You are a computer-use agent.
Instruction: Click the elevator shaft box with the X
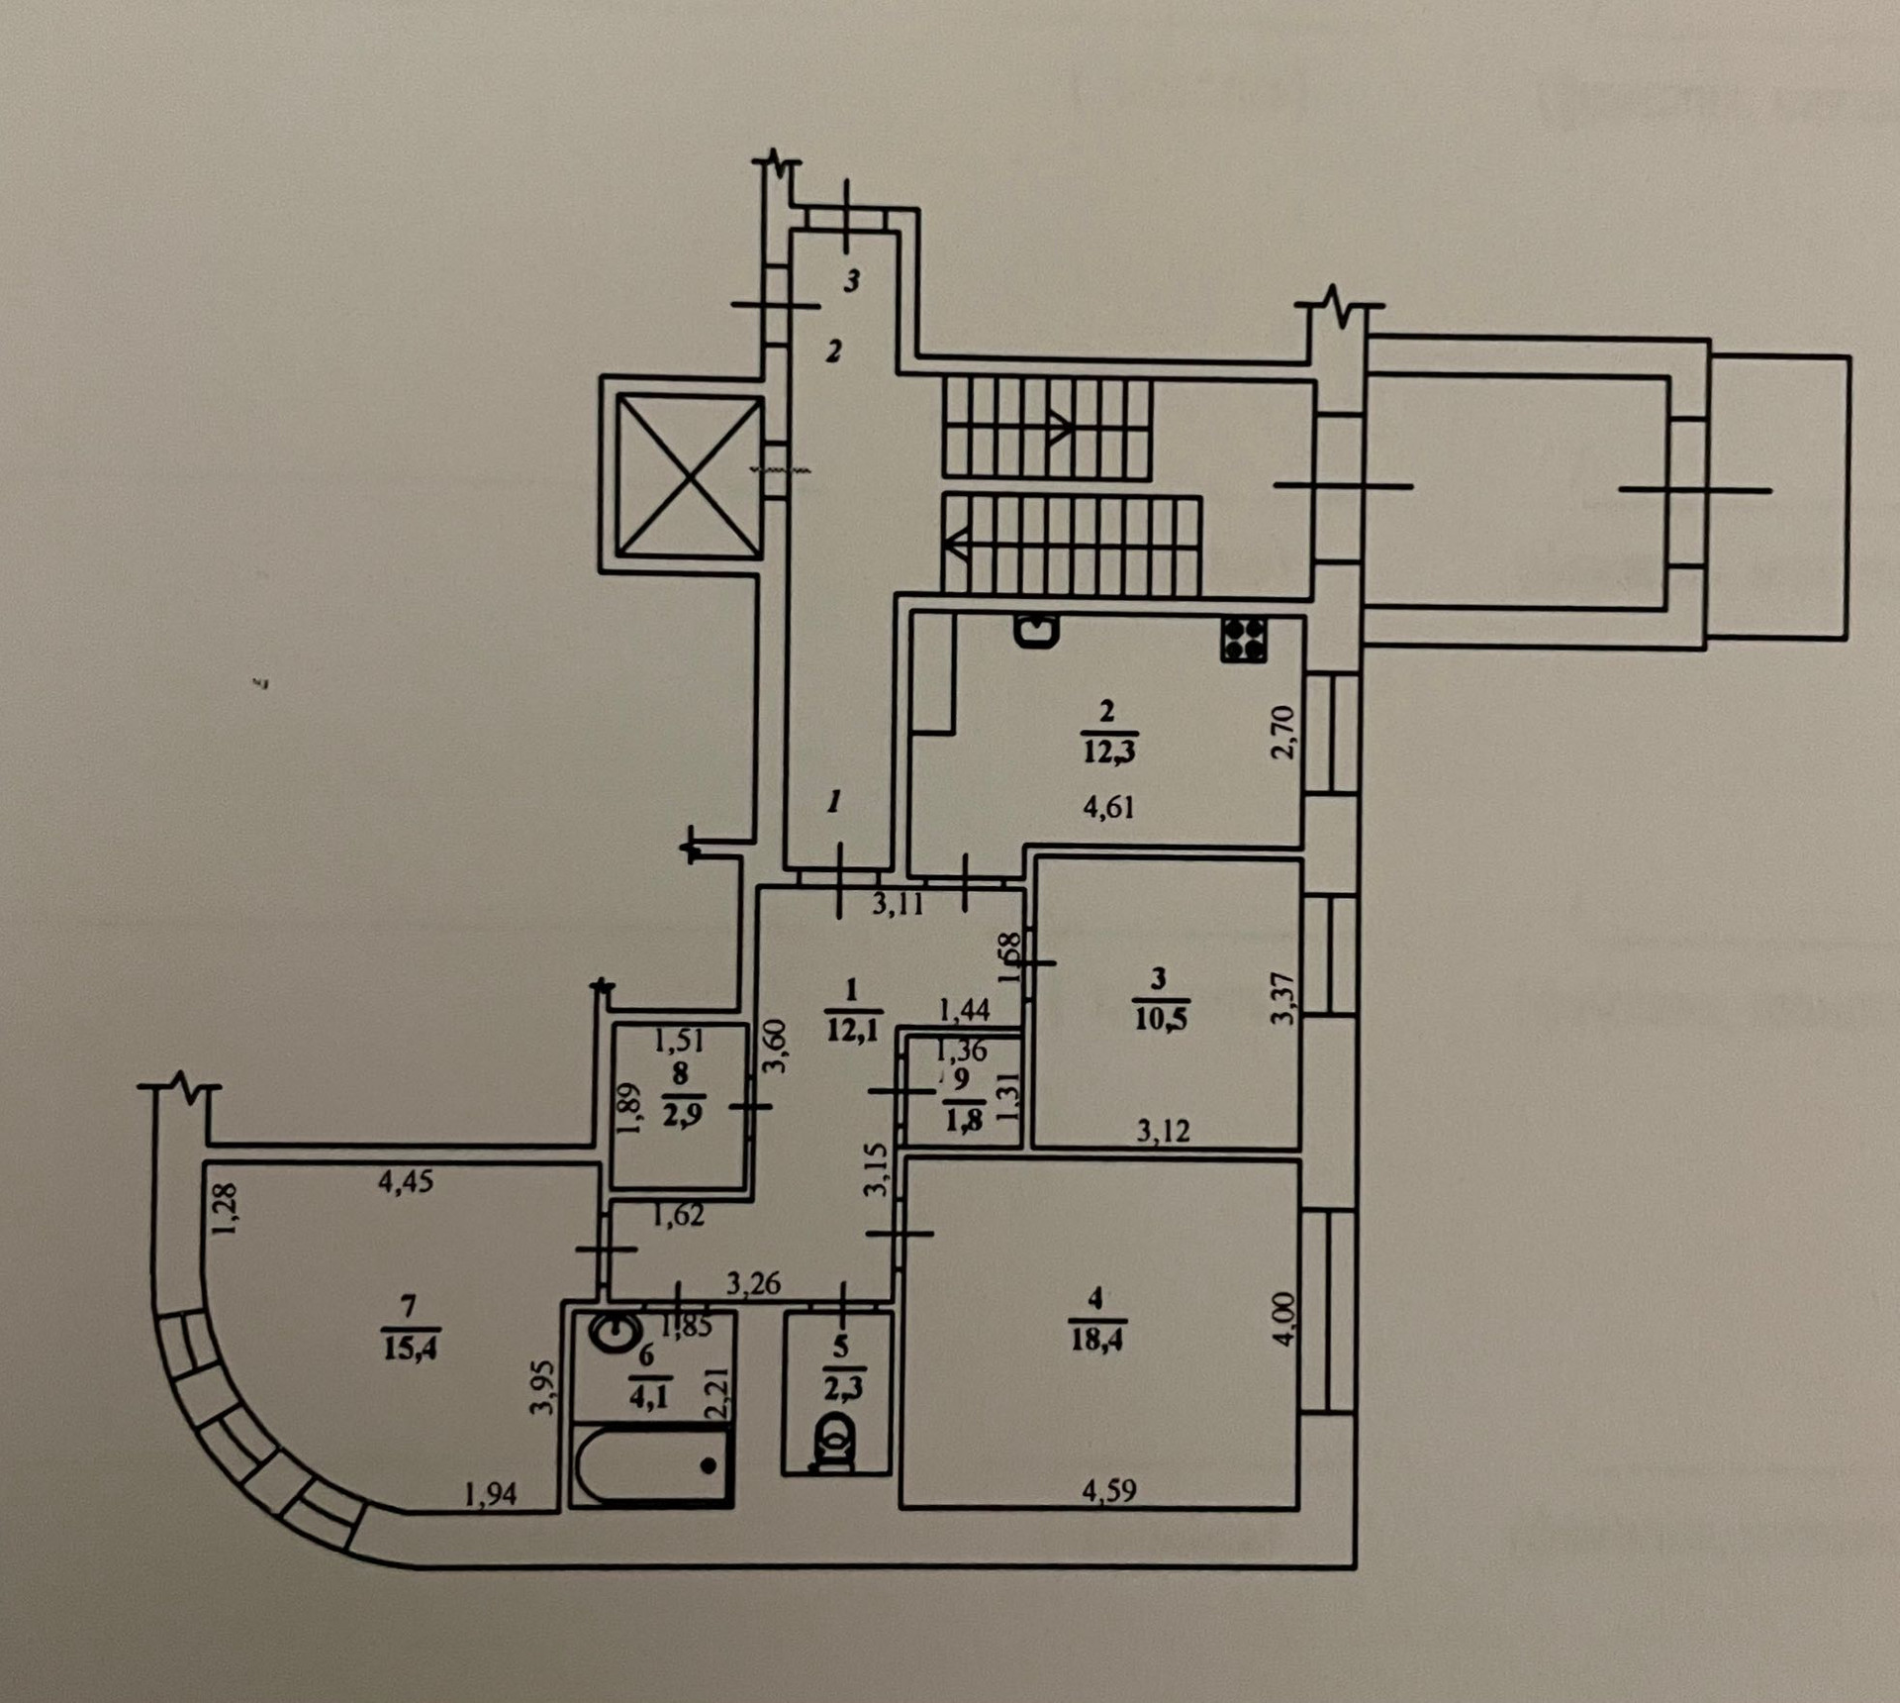(x=690, y=476)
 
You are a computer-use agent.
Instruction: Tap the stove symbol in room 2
(x=1244, y=640)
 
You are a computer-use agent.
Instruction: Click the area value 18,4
(x=1095, y=1341)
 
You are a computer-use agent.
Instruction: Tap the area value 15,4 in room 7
(x=410, y=1348)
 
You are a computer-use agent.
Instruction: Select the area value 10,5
(x=1161, y=1019)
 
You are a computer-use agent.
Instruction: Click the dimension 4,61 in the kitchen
(x=1108, y=807)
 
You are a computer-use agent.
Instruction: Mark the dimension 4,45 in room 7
(x=406, y=1181)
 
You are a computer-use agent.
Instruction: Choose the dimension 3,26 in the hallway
(x=753, y=1284)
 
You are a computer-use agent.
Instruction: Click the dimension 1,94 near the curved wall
(x=491, y=1493)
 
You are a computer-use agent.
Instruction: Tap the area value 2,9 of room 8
(x=682, y=1115)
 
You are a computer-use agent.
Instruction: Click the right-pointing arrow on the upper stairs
(x=1060, y=428)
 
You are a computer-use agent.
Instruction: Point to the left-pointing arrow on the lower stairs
(x=955, y=544)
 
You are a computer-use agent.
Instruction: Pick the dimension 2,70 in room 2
(x=1282, y=732)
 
